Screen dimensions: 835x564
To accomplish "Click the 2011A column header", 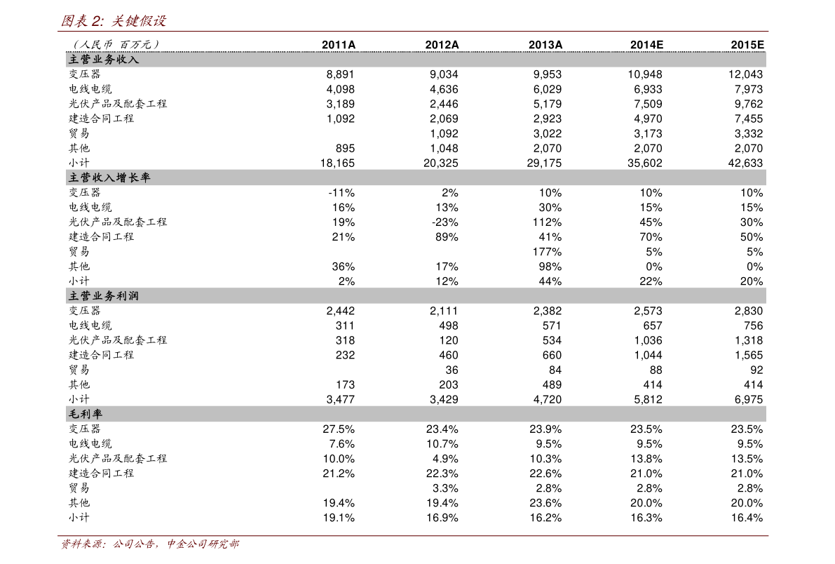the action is (x=339, y=45).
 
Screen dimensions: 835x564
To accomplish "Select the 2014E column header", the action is (x=646, y=45).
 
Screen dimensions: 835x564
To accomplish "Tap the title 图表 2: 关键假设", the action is (x=114, y=21).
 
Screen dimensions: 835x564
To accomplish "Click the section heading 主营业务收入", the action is (x=104, y=59).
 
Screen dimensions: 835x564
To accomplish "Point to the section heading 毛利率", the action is (x=86, y=414).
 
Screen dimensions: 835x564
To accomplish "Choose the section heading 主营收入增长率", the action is (x=109, y=177).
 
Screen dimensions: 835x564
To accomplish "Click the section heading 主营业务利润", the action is (x=104, y=296).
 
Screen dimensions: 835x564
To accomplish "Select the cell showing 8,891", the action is (x=340, y=74).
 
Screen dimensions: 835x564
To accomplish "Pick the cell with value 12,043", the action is (x=745, y=74).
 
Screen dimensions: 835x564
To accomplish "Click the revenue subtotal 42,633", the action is (x=745, y=163).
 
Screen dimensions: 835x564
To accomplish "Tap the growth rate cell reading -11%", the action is (x=341, y=192).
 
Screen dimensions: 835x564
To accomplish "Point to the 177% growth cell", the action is (x=547, y=252).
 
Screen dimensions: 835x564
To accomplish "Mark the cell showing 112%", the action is (x=547, y=222).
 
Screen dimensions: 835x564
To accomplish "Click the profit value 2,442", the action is (x=340, y=311).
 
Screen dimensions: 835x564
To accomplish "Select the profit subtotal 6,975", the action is (x=749, y=399).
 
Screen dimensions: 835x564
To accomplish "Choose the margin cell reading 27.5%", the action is (x=339, y=429).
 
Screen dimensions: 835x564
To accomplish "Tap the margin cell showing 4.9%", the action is (x=445, y=459).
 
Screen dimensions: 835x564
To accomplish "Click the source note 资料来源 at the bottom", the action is (x=150, y=544).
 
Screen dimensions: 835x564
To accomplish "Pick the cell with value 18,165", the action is (x=337, y=163).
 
